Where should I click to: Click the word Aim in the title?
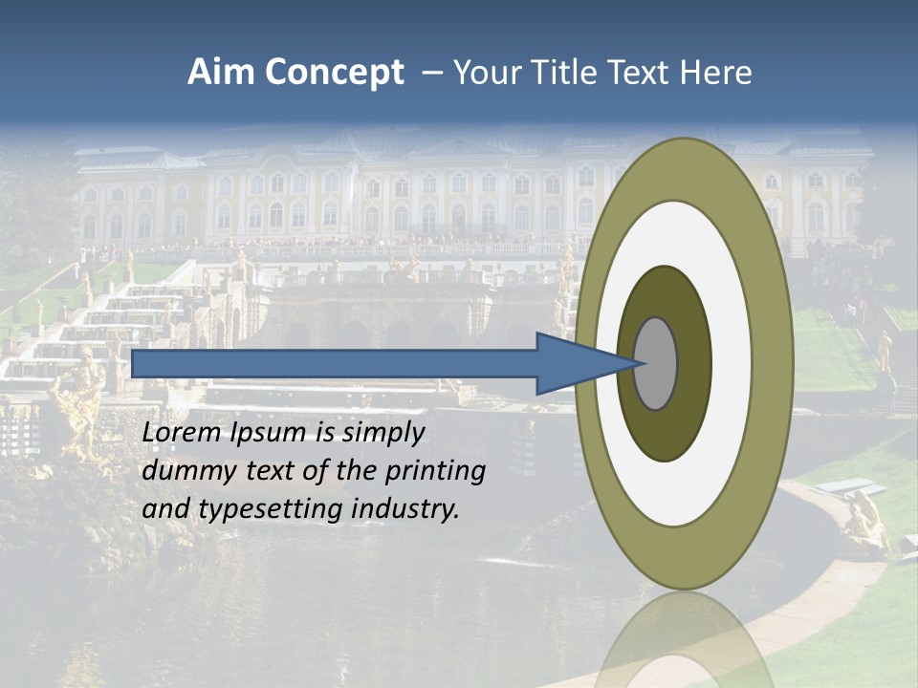click(222, 73)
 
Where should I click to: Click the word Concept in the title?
click(335, 73)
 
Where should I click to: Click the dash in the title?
click(431, 74)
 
